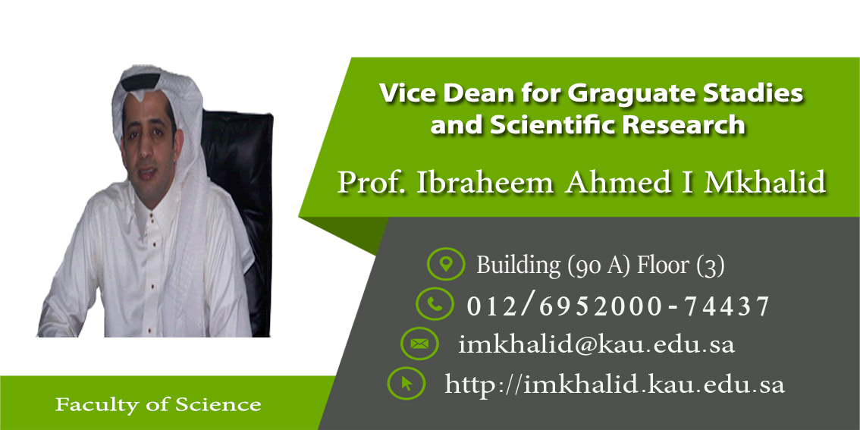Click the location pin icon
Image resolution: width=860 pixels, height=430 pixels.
[x=446, y=264]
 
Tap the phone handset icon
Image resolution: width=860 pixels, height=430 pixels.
[x=435, y=304]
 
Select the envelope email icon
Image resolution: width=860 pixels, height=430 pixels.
[x=419, y=344]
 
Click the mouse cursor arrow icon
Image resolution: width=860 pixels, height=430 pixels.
[x=406, y=383]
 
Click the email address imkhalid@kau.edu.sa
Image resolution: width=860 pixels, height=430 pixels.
[x=596, y=344]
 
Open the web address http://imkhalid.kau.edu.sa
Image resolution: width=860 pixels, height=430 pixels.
[x=614, y=384]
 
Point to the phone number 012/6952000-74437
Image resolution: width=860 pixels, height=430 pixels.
[x=618, y=306]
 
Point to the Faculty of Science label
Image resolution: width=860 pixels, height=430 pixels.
[x=158, y=405]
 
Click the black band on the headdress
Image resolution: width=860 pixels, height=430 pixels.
[x=141, y=82]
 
